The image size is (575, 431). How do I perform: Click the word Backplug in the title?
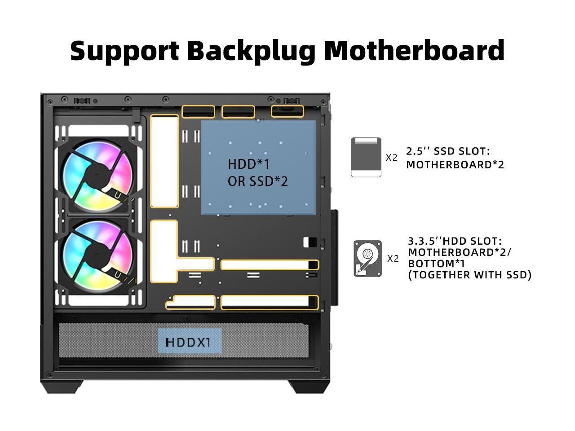tap(251, 51)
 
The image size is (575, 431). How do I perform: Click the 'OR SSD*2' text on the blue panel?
tap(257, 181)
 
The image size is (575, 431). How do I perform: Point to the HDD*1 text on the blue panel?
tap(249, 164)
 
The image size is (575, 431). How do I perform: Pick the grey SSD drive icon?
tap(366, 157)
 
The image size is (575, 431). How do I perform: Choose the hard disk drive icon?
tap(367, 258)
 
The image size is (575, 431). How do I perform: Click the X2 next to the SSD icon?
tap(392, 158)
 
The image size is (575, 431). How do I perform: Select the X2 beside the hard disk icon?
tap(393, 259)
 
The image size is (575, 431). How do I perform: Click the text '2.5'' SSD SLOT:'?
tap(448, 151)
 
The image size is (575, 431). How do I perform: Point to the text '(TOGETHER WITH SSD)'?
tap(469, 275)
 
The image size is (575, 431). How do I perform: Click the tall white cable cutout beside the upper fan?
tap(164, 162)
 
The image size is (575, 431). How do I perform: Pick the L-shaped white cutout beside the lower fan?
tap(164, 251)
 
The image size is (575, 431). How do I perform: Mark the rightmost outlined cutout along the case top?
tap(287, 111)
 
